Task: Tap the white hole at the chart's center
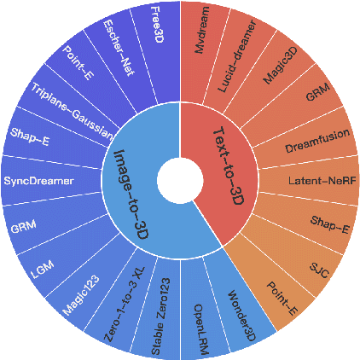tap(179, 181)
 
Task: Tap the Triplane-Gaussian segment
tap(73, 111)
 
